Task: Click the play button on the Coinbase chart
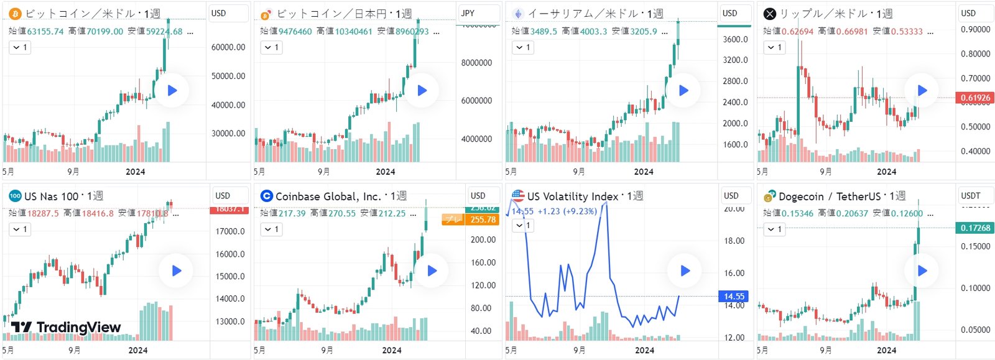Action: pos(432,270)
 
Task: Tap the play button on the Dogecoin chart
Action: pos(922,270)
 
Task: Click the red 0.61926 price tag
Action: pos(974,98)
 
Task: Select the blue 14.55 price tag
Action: pos(733,297)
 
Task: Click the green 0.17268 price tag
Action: pos(974,228)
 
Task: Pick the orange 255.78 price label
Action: pos(483,219)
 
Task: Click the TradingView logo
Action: pos(66,327)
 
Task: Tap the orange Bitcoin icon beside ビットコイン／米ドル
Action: pos(15,14)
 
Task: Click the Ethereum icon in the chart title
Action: pos(517,14)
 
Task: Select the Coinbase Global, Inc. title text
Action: pos(328,196)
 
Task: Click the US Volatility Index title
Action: pos(573,196)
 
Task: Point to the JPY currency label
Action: pos(468,13)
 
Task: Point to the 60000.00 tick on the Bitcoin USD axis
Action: pos(228,47)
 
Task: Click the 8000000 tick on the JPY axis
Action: pos(476,63)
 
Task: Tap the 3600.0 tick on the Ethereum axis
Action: pos(735,39)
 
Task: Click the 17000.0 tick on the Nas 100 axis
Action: pos(230,231)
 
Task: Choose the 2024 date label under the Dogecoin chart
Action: pos(886,350)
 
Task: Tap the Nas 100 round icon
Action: pos(15,196)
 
